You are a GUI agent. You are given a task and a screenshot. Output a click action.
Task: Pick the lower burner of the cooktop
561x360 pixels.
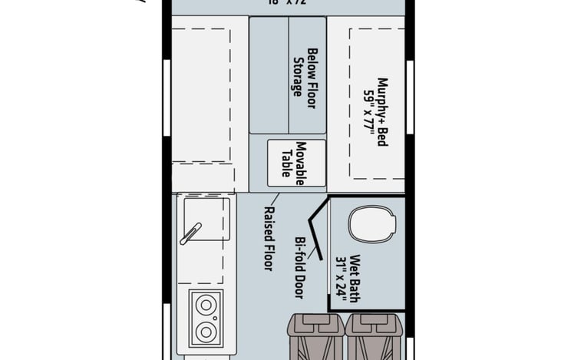(205, 332)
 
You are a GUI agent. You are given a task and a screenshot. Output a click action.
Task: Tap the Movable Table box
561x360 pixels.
(291, 162)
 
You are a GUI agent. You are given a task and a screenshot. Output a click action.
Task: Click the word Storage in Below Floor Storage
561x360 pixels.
(295, 77)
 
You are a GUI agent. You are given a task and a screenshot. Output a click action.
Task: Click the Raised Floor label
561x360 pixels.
(269, 238)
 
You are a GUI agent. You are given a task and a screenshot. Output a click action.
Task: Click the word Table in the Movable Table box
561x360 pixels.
(285, 162)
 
